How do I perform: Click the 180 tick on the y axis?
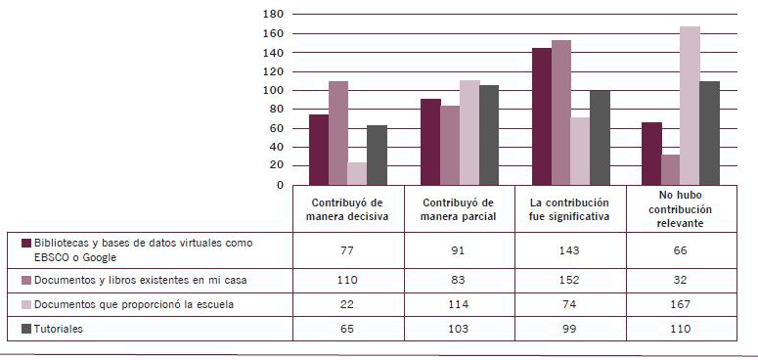pos(273,14)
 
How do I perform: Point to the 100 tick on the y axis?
pos(273,90)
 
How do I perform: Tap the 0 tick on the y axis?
pos(280,185)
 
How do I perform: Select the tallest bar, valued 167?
pos(690,106)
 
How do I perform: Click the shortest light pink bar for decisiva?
pos(357,174)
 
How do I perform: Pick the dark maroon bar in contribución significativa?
pos(542,116)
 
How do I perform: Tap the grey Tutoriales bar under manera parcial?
pos(489,135)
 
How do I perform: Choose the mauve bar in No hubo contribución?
pos(671,169)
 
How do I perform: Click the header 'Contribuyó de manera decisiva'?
pos(348,209)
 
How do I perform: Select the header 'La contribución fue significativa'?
pos(571,209)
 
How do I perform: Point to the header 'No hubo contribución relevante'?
pos(680,209)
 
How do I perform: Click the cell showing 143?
pos(570,250)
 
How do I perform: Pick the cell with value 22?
pos(348,305)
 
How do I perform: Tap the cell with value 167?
pos(681,305)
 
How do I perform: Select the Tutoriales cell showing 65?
pos(348,329)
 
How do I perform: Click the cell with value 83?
pos(459,281)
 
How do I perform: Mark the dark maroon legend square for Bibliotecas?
pos(26,243)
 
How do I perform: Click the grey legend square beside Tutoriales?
pos(26,329)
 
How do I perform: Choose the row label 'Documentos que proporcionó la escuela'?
pos(134,305)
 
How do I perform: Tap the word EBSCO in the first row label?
pos(52,258)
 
